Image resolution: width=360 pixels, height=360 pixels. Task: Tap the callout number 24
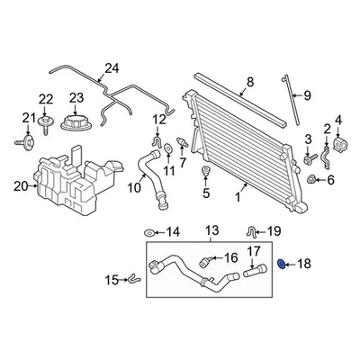pos(111,68)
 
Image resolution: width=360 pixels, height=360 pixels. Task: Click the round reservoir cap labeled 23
pos(76,123)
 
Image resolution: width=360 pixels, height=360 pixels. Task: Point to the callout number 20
pos(20,186)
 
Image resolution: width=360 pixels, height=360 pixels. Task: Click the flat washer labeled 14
pos(148,232)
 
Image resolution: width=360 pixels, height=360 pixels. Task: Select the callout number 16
pos(231,257)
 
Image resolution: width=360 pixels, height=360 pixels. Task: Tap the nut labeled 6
pos(311,180)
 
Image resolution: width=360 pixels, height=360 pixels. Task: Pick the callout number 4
pos(339,120)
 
